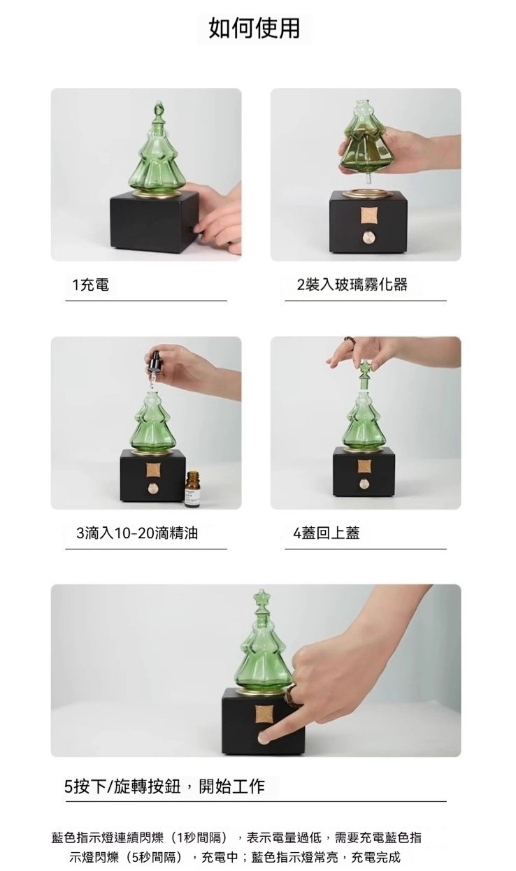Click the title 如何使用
click(x=255, y=29)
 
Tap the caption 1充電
click(x=91, y=285)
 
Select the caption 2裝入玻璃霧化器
click(x=352, y=285)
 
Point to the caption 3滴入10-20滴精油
click(x=137, y=533)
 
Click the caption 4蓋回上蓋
click(x=327, y=533)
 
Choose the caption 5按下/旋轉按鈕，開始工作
click(x=164, y=786)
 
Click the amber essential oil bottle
click(x=193, y=489)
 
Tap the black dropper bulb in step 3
click(x=154, y=361)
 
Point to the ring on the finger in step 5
click(x=292, y=696)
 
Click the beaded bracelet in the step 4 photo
click(x=350, y=340)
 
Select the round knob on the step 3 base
click(x=152, y=489)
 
